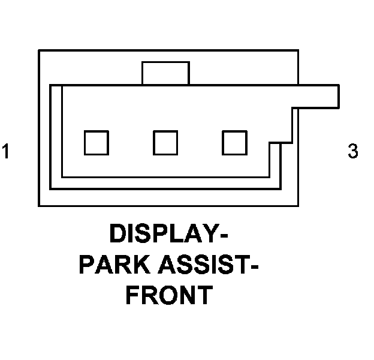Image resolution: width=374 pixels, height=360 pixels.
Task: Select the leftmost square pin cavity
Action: point(96,143)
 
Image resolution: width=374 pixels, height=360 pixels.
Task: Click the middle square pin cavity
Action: point(165,143)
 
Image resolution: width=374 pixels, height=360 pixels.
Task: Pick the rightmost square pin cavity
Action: point(234,143)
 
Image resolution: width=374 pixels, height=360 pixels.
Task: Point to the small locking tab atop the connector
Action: point(165,73)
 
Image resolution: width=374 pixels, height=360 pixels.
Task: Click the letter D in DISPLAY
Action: point(119,233)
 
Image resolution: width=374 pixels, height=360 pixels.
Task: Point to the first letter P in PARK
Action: point(88,264)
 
